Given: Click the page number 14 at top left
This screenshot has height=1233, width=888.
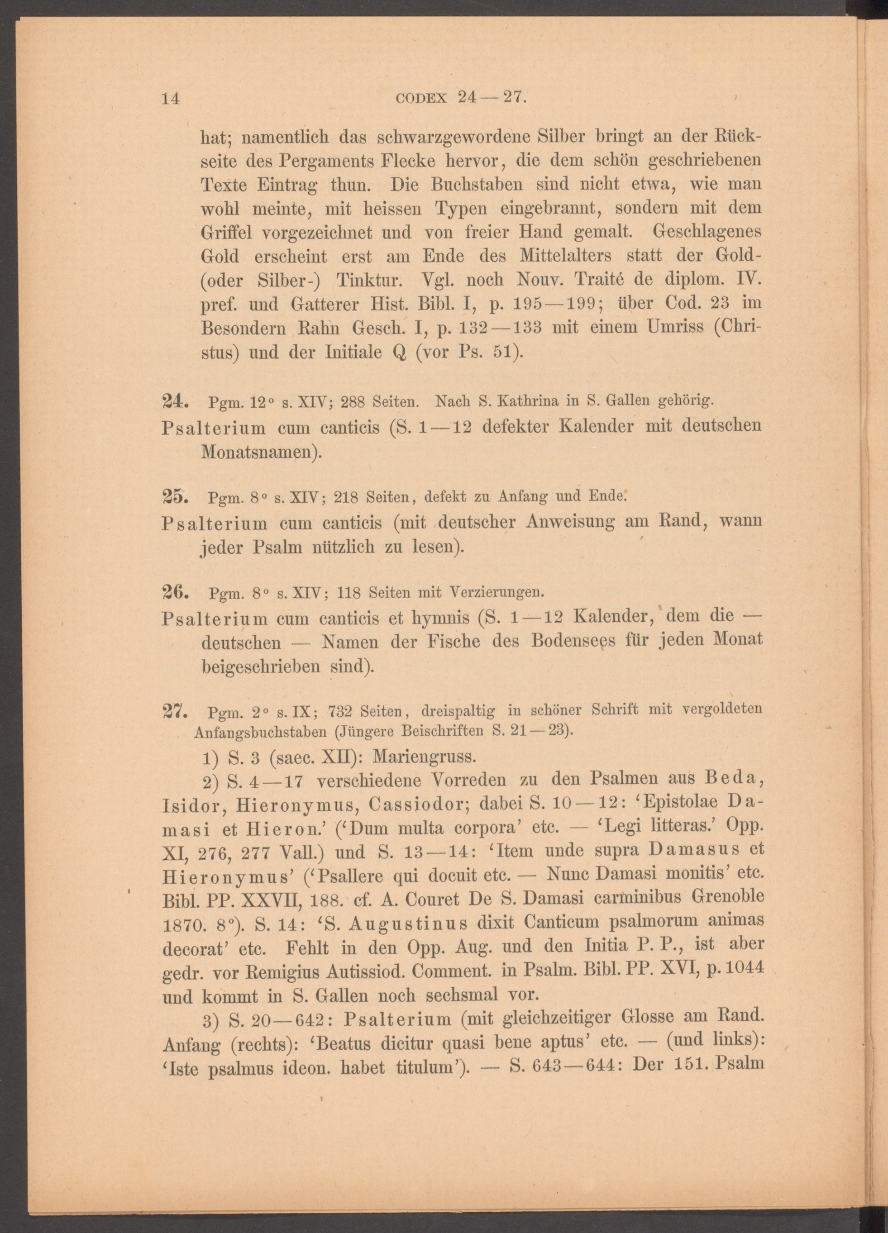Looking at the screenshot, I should [x=171, y=98].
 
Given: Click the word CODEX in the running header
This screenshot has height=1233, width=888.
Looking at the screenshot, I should [x=422, y=99].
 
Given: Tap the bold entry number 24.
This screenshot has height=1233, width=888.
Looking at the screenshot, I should [x=176, y=402].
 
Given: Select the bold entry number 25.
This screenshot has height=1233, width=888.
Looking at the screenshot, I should [x=176, y=496].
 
